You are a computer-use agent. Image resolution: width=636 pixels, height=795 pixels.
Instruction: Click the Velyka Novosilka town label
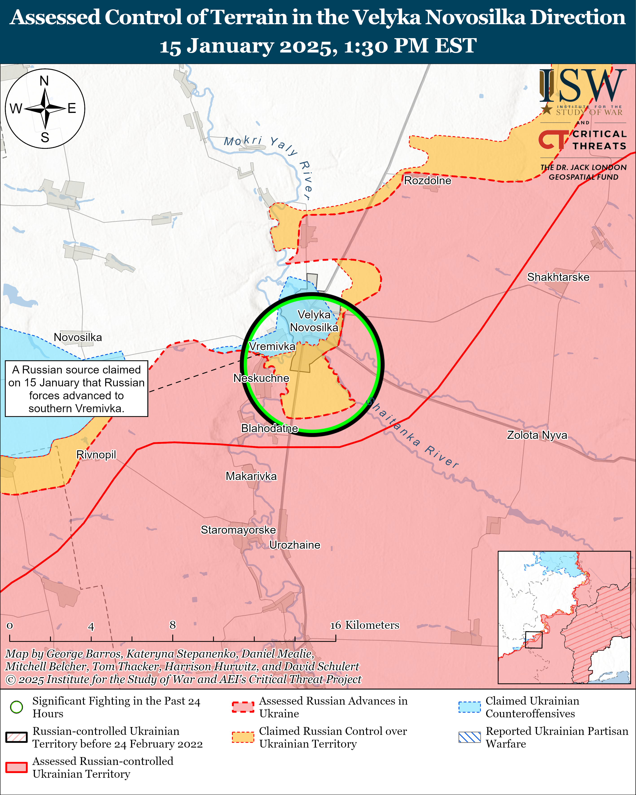click(314, 321)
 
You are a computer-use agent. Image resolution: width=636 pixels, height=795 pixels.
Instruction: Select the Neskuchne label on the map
click(261, 378)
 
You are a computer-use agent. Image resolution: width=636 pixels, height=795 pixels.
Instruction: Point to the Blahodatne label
click(269, 428)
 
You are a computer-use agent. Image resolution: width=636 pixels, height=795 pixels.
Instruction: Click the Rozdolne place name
click(427, 180)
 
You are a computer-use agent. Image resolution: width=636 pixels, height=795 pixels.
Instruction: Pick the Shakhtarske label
click(558, 277)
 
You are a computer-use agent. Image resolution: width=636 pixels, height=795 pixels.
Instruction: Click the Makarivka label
click(251, 476)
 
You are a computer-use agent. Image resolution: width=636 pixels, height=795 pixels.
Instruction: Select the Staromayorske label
click(238, 530)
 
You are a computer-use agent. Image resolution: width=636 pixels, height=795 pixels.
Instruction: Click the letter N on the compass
click(44, 81)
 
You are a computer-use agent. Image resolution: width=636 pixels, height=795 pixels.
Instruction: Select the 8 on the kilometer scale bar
click(173, 625)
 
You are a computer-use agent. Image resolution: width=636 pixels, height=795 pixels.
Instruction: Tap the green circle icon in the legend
click(17, 707)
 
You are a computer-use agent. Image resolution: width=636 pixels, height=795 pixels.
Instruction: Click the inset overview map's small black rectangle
click(533, 640)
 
